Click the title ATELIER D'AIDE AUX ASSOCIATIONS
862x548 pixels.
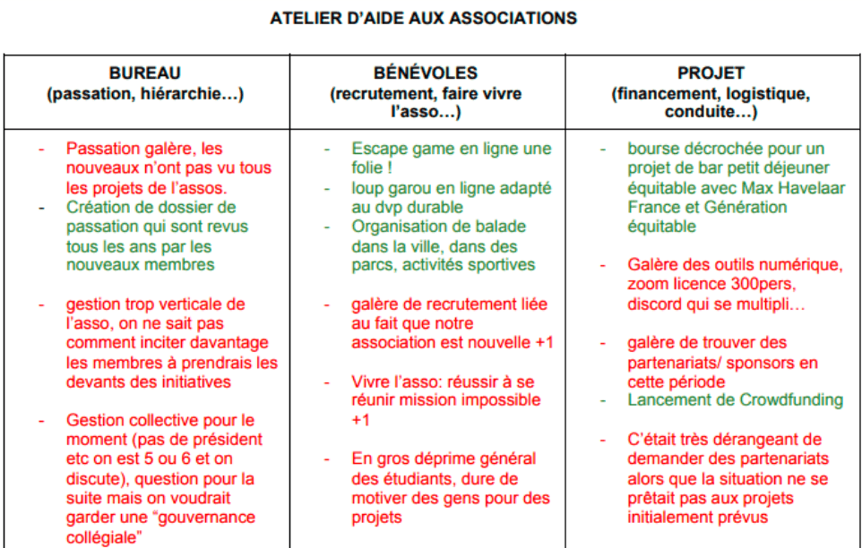pos(423,18)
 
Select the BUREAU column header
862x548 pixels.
pos(145,73)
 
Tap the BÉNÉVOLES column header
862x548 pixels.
pos(426,73)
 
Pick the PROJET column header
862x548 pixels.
pos(711,73)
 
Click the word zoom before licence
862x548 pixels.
pos(647,285)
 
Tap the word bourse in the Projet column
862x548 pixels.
pos(653,149)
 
